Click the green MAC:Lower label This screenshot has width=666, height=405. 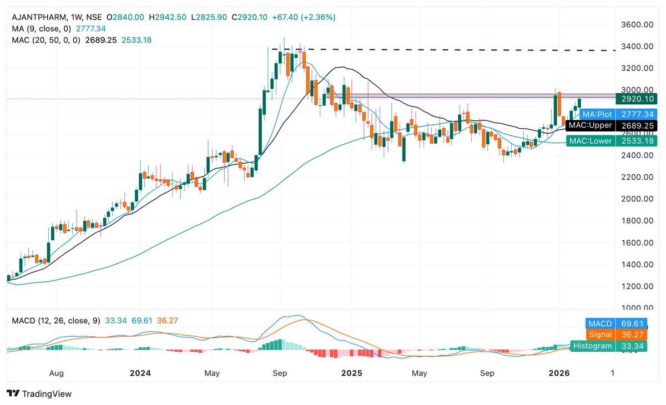(x=591, y=141)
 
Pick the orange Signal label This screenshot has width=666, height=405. (x=601, y=335)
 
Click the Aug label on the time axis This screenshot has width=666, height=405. (x=57, y=373)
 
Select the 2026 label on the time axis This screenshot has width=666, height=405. (x=559, y=373)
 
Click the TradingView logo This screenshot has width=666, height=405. (x=39, y=394)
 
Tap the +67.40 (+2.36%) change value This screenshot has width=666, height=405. (x=304, y=17)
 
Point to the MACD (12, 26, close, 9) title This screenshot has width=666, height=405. (x=53, y=321)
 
